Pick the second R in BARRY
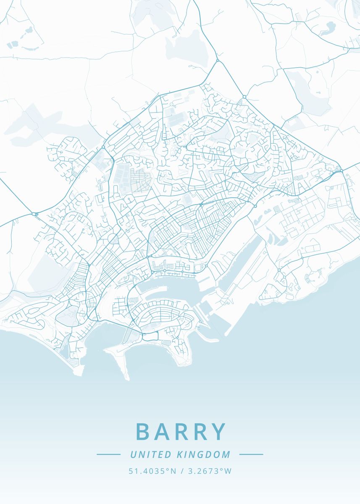click(200, 432)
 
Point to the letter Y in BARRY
click(218, 432)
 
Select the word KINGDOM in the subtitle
click(204, 454)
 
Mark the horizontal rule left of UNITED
click(108, 454)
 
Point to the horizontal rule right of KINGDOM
click(251, 454)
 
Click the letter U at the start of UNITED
click(133, 454)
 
